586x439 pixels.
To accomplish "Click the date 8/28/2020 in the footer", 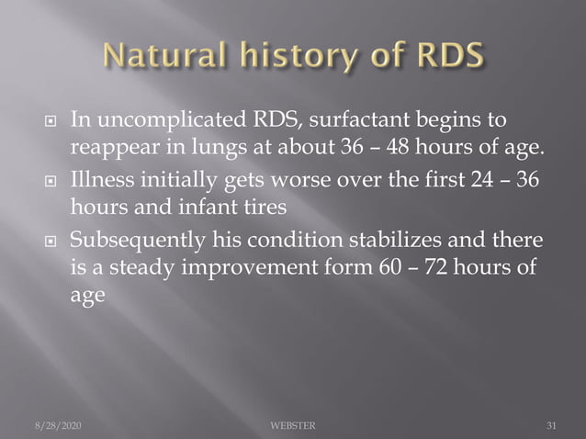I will (56, 426).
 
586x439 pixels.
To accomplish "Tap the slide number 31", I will (551, 426).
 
